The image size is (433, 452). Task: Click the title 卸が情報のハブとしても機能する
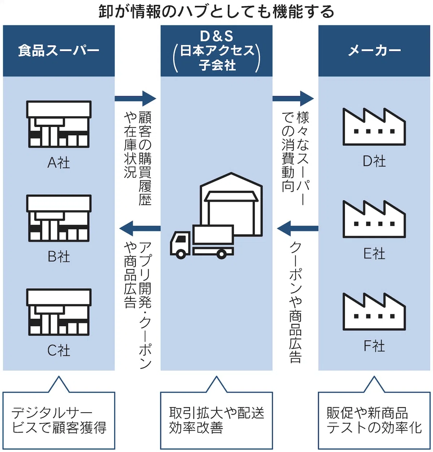[x=216, y=12]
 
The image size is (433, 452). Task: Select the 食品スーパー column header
[x=58, y=51]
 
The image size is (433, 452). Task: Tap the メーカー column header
[x=374, y=51]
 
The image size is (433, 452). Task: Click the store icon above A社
[x=59, y=124]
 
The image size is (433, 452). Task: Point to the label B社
[x=59, y=256]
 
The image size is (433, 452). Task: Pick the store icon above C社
[x=59, y=312]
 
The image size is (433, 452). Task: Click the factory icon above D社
[x=374, y=127]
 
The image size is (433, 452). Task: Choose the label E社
[x=374, y=253]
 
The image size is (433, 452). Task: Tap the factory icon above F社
[x=374, y=311]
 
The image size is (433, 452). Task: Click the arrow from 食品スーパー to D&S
[x=135, y=98]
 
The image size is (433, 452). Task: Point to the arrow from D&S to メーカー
[x=293, y=98]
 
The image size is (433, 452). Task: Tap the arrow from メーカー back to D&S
[x=298, y=228]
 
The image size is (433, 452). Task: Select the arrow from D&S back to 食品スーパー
[x=140, y=228]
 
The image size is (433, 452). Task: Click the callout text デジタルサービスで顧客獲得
[x=59, y=420]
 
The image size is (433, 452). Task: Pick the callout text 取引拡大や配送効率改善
[x=216, y=420]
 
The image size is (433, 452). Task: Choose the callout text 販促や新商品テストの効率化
[x=374, y=420]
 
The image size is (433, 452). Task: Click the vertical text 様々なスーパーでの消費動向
[x=295, y=158]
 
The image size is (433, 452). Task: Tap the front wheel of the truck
[x=181, y=254]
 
